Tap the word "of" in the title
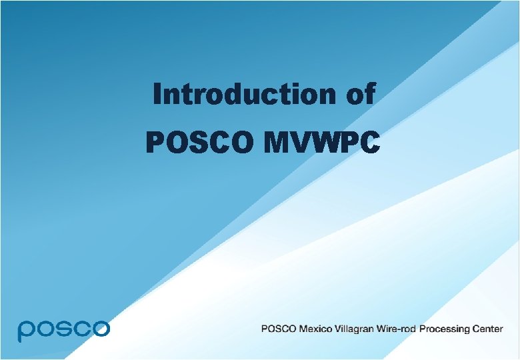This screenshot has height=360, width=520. click(360, 94)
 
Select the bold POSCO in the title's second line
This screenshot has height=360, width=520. click(201, 141)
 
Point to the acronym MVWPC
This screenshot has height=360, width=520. click(321, 141)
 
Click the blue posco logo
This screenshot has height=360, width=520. click(63, 329)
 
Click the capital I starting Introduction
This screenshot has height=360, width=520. click(157, 94)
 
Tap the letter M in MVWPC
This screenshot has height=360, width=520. click(277, 141)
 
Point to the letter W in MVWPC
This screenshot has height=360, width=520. click(326, 141)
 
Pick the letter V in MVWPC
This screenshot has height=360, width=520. click(301, 141)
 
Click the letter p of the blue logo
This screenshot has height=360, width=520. click(26, 331)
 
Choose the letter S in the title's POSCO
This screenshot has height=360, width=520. click(201, 141)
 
